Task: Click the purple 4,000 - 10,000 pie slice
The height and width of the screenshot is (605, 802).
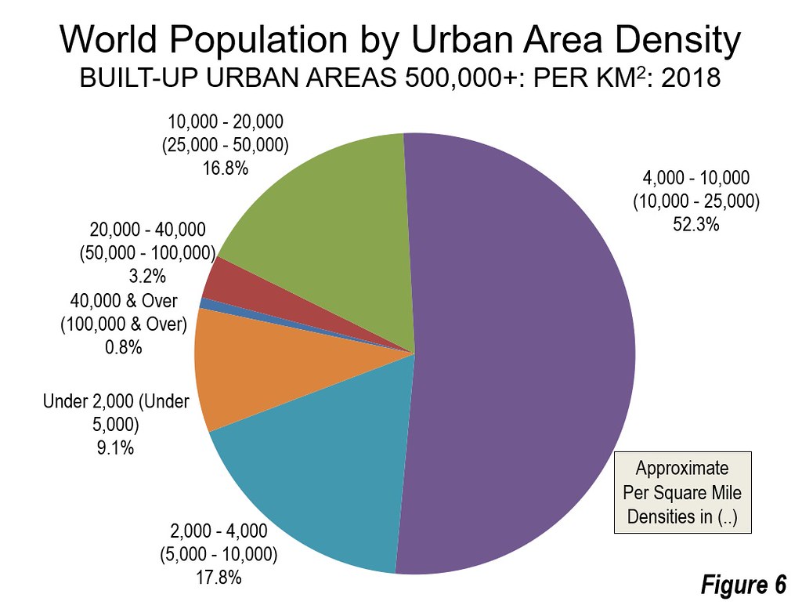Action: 517,353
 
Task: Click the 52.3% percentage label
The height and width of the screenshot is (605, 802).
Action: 695,224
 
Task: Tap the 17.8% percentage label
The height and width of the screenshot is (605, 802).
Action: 219,578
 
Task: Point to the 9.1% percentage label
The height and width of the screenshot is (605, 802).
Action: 116,447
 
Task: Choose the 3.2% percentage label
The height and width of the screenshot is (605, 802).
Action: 147,277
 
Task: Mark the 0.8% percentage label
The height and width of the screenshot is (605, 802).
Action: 123,348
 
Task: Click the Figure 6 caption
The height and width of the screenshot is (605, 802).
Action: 743,584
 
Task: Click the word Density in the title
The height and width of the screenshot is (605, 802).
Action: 677,40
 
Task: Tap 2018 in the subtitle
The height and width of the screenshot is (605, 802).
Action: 691,78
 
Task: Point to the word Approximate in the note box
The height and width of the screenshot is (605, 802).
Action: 682,469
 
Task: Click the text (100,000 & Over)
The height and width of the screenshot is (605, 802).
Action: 123,324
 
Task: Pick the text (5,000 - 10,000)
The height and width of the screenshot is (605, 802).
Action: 219,554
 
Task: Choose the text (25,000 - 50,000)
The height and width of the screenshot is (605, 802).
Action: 225,145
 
